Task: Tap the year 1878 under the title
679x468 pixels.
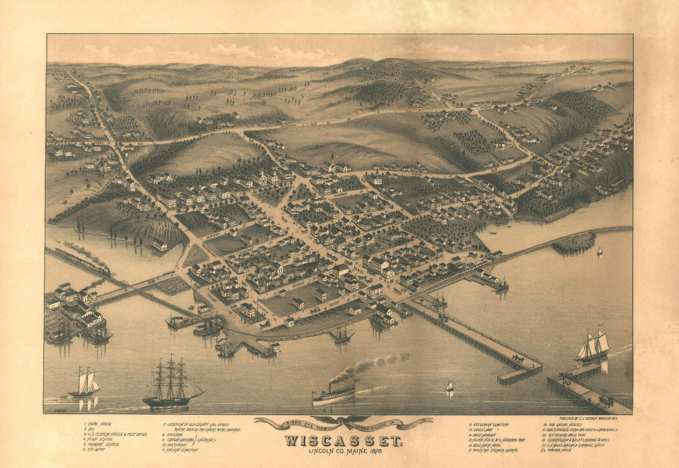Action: point(373,452)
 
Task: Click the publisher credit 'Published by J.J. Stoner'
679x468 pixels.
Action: point(588,418)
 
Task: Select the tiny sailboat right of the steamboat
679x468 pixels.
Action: point(449,387)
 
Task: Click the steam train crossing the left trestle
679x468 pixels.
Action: point(80,261)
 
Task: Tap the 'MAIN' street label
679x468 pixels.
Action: point(359,270)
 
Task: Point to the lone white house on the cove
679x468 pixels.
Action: point(160,245)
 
